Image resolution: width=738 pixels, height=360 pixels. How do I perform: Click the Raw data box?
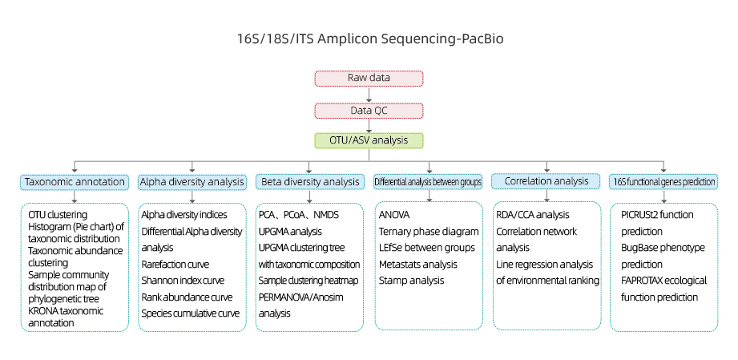click(x=369, y=79)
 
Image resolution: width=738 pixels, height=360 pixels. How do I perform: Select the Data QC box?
click(x=369, y=111)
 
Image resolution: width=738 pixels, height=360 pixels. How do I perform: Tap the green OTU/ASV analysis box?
click(x=369, y=141)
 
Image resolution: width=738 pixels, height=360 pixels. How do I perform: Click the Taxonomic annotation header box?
click(x=75, y=182)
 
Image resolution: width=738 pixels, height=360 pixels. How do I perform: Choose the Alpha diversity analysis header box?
click(x=192, y=182)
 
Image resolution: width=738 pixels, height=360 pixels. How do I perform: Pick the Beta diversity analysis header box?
click(x=309, y=182)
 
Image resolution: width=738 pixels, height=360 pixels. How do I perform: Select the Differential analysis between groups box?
click(x=429, y=182)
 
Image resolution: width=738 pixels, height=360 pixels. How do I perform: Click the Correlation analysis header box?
click(x=546, y=181)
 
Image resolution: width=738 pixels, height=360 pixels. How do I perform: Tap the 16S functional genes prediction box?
click(x=663, y=182)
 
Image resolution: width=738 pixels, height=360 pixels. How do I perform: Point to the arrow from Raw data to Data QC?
click(x=369, y=95)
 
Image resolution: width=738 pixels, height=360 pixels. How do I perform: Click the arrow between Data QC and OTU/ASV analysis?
click(x=369, y=126)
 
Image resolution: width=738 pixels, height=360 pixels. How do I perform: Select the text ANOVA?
click(x=394, y=216)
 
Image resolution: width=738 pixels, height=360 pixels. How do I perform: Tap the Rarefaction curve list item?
click(x=175, y=265)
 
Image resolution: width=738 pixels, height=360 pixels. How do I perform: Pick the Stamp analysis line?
click(x=411, y=281)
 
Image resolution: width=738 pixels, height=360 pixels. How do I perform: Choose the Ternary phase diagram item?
click(x=429, y=232)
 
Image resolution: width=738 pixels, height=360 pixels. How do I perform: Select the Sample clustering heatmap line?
click(x=309, y=281)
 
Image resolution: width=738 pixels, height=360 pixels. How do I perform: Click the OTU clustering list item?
click(x=58, y=216)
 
